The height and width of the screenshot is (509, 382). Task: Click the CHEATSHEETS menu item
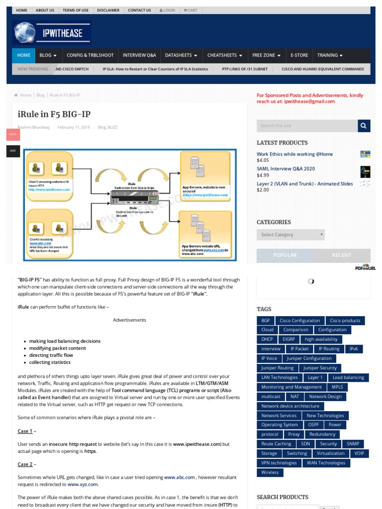click(224, 55)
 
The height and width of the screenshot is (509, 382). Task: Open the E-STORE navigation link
click(299, 55)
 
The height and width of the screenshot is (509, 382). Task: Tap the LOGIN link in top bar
click(167, 10)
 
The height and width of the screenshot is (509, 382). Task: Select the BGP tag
click(266, 321)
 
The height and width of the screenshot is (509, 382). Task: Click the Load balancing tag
click(348, 377)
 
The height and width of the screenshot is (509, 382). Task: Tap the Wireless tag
click(270, 472)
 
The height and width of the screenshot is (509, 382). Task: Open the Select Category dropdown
click(290, 235)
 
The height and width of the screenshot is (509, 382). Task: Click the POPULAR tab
click(285, 255)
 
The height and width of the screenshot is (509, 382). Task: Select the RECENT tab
click(341, 255)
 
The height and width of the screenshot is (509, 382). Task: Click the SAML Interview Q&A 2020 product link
click(286, 169)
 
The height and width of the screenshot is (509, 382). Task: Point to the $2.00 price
click(263, 190)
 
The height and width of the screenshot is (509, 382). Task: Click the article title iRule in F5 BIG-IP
click(54, 113)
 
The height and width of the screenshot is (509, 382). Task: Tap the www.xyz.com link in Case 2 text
click(83, 484)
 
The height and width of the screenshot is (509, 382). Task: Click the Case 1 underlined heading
click(25, 431)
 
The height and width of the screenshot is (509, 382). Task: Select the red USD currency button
click(13, 134)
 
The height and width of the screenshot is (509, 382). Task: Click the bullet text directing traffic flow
click(51, 355)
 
